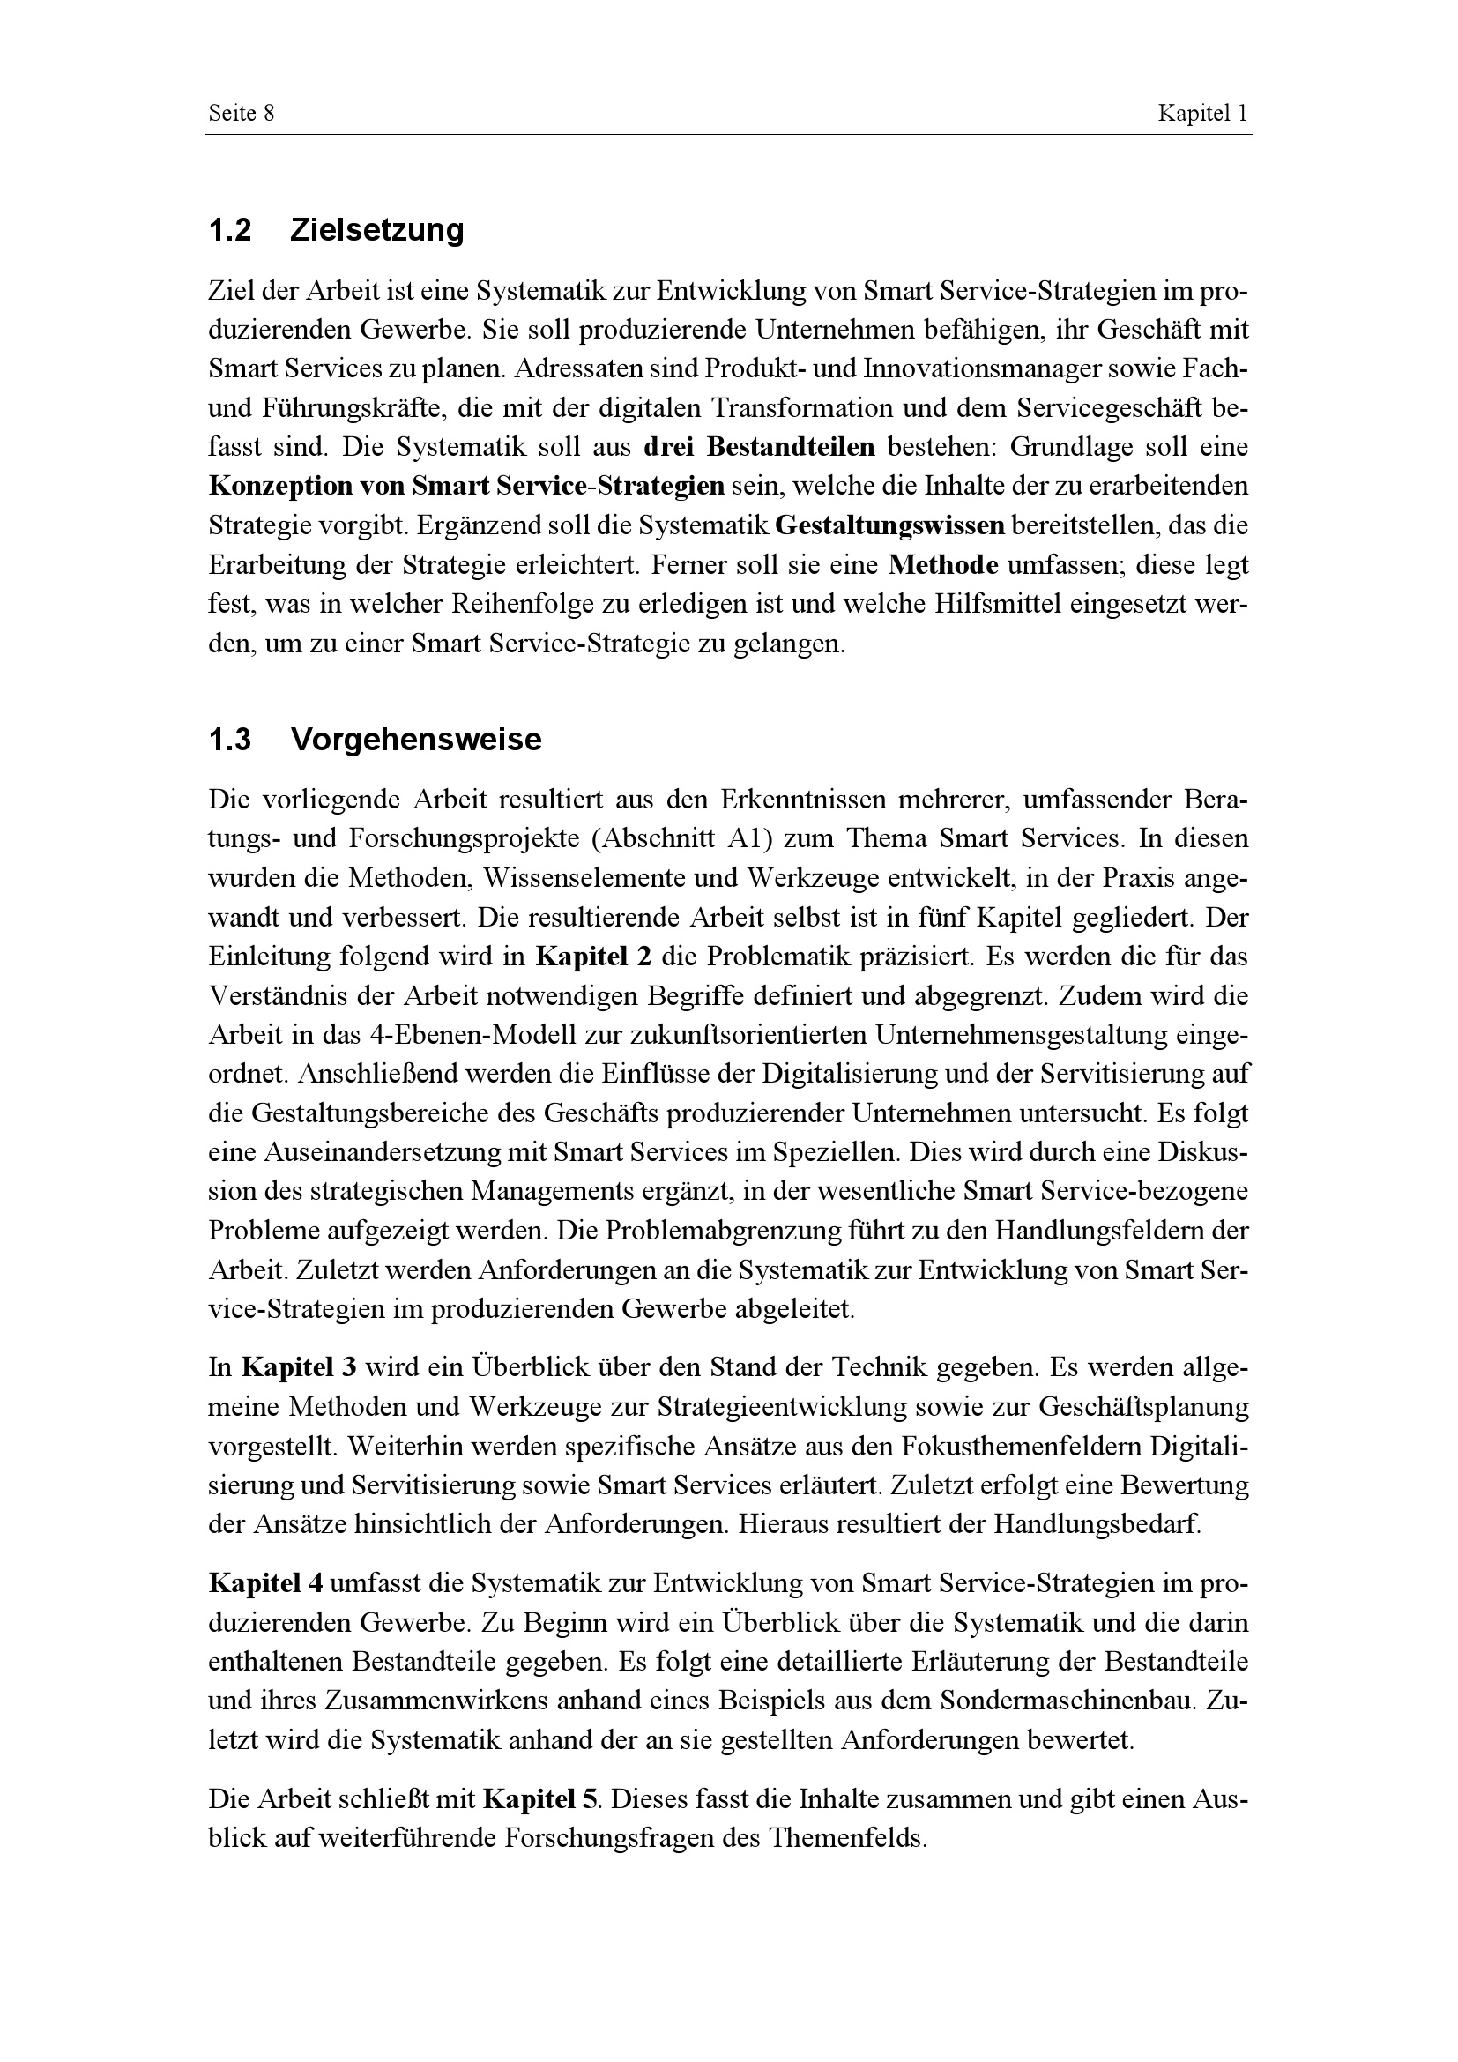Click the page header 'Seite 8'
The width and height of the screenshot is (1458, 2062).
click(241, 113)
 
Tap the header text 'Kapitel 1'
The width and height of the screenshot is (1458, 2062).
click(1203, 113)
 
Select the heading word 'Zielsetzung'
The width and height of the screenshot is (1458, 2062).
click(377, 231)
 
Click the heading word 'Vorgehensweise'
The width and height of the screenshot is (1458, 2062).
click(417, 740)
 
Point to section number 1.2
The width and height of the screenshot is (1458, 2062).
click(229, 231)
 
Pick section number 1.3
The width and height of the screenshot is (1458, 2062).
click(229, 740)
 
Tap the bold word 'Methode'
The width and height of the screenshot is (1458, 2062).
click(942, 566)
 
